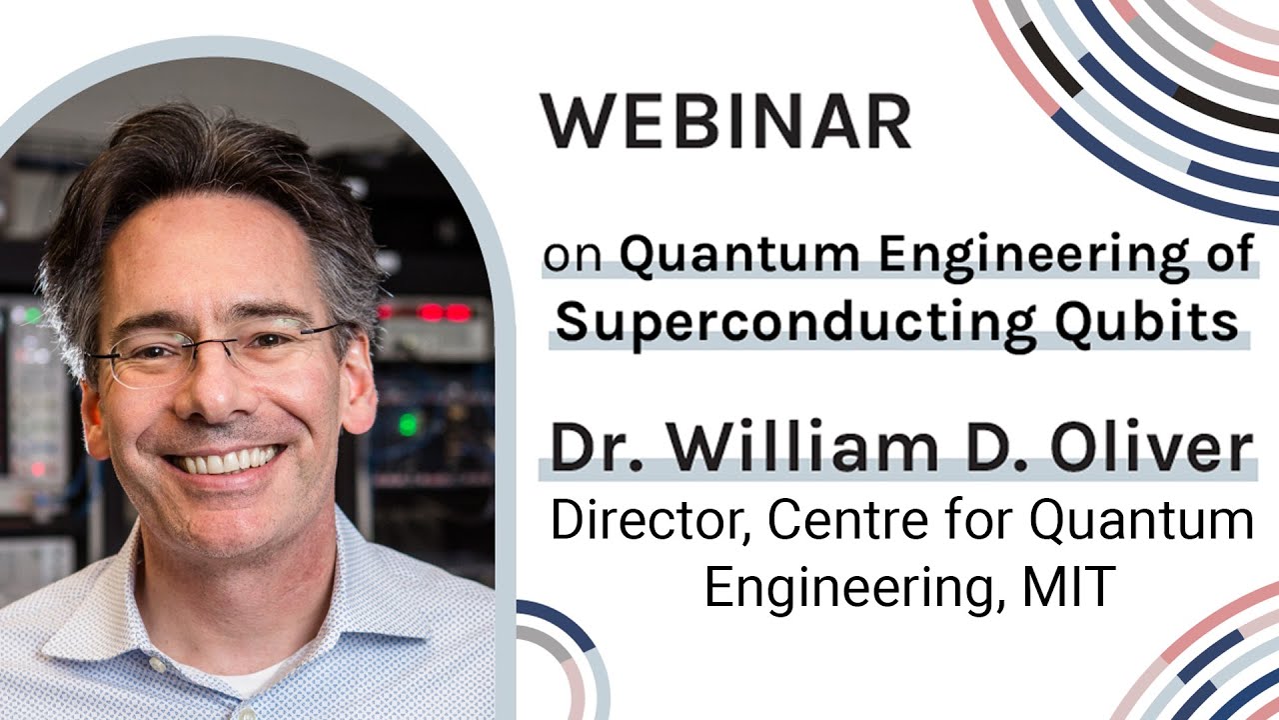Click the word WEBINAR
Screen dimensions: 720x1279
(x=725, y=122)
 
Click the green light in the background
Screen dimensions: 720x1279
(x=408, y=423)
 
